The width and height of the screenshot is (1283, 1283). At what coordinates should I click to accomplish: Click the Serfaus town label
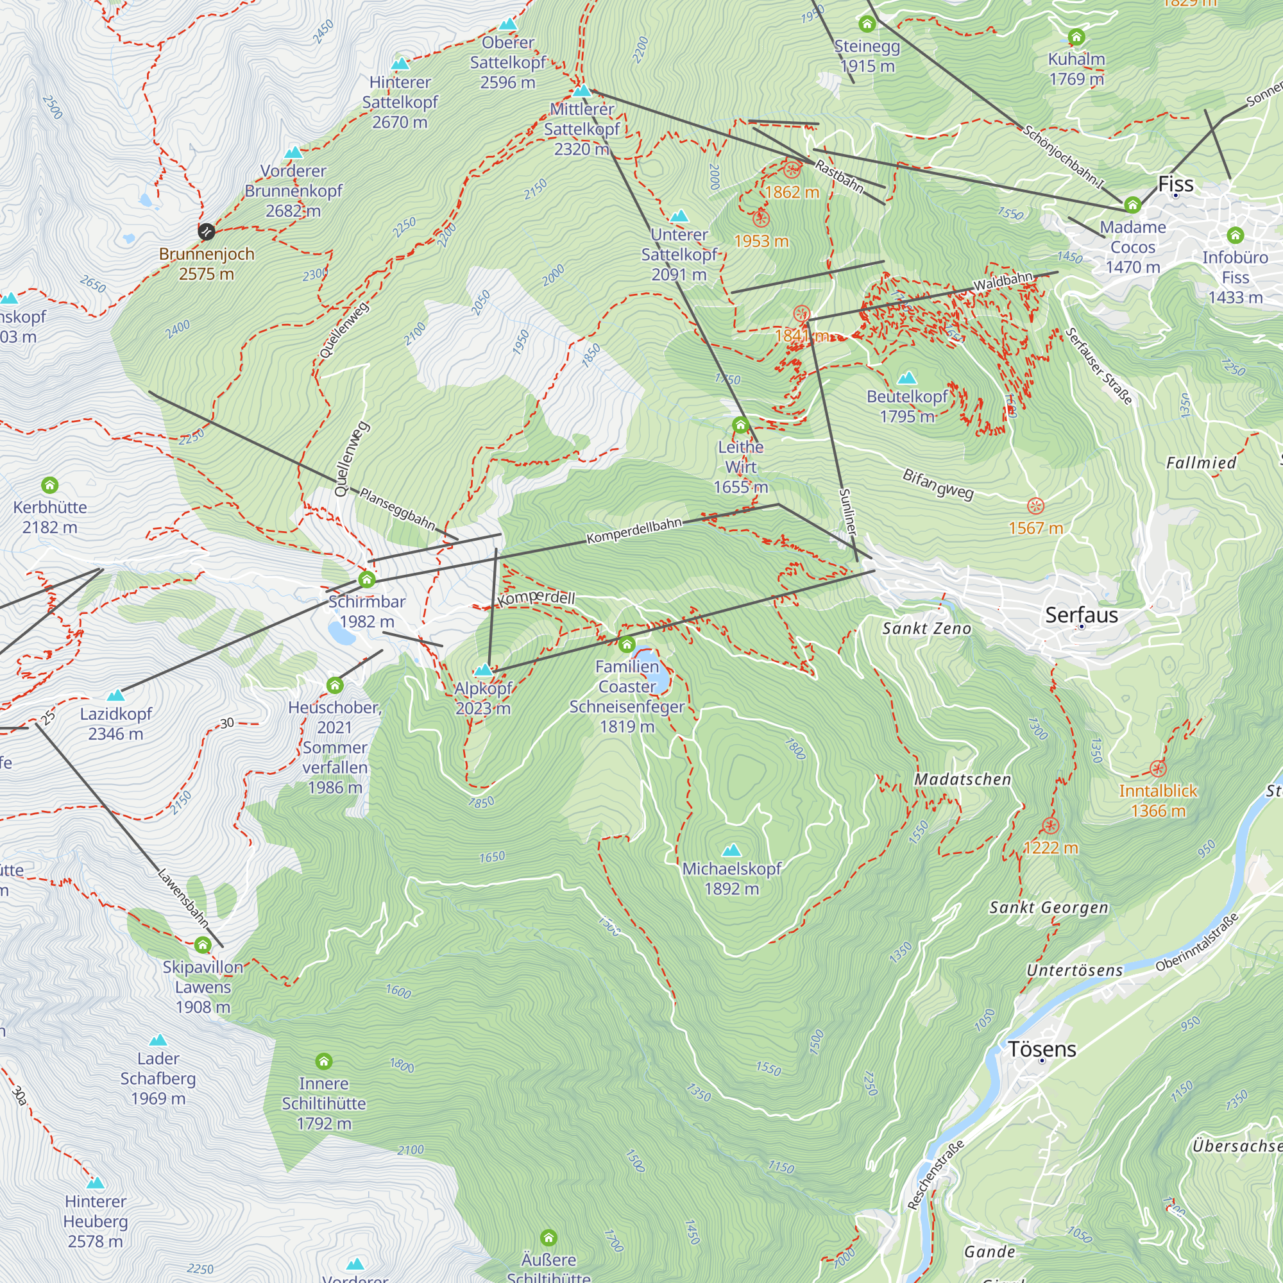[1081, 615]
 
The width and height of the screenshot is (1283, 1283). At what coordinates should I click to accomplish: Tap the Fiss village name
[1175, 184]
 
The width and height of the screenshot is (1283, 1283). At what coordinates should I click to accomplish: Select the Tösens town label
[1042, 1049]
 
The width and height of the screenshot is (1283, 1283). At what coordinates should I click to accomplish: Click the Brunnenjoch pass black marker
[207, 231]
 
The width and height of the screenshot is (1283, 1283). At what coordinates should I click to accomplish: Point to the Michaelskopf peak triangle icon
[731, 850]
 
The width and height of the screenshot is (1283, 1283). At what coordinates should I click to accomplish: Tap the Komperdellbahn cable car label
[634, 531]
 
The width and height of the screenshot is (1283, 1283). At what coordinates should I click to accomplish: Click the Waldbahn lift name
[1003, 281]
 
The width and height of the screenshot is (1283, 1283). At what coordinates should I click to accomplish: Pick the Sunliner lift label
[848, 511]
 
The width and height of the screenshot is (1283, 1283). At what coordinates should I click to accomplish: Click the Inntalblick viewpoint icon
[1157, 769]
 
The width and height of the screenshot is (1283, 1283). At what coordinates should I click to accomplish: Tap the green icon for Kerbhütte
[50, 486]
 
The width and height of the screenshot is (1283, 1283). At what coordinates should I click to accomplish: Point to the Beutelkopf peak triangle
[906, 378]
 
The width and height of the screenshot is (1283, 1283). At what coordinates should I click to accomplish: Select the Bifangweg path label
[938, 484]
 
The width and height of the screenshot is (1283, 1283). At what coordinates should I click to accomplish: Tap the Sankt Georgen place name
[1049, 908]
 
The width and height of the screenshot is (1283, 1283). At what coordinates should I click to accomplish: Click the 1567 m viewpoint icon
[1035, 507]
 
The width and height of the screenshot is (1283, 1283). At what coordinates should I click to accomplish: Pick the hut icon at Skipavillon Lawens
[203, 944]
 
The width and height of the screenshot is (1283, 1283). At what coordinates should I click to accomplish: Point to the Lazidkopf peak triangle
[115, 695]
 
